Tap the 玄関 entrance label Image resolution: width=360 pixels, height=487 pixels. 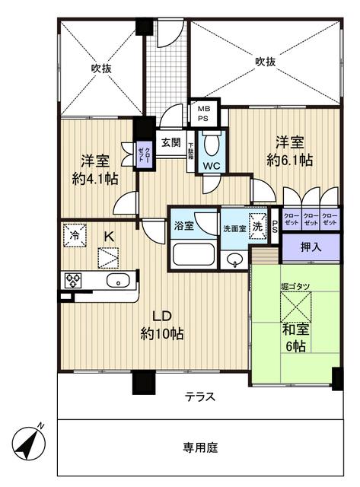(x=170, y=142)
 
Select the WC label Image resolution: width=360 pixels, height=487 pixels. (x=212, y=165)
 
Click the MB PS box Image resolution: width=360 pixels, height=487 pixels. (x=204, y=113)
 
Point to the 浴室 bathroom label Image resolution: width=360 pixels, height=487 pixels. (x=183, y=225)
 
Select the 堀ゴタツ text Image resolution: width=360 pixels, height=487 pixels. (x=295, y=286)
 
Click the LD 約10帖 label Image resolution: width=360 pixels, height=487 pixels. (x=160, y=323)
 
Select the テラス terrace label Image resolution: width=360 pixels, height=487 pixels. (x=199, y=397)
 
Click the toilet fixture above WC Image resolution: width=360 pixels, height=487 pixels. (x=212, y=144)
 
